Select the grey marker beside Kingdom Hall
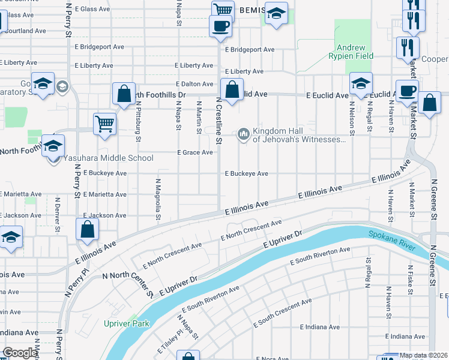tap(244, 133)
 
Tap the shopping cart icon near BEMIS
tap(223, 10)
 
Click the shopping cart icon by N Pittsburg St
tap(104, 124)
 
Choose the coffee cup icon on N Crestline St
tap(220, 26)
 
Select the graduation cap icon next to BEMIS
tap(276, 13)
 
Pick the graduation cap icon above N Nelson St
tap(361, 83)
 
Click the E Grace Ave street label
tap(195, 152)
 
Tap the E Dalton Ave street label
tap(194, 84)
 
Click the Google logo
tap(20, 353)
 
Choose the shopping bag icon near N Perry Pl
tap(88, 229)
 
